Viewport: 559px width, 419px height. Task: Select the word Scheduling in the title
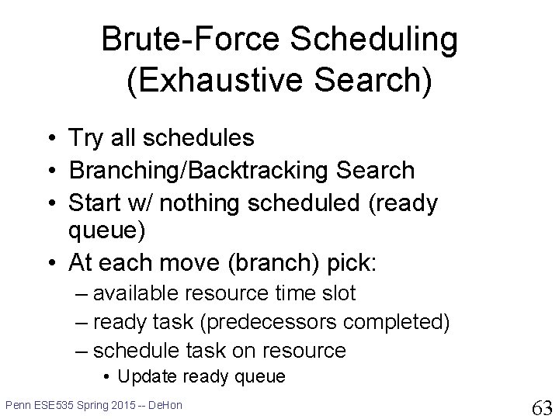tap(373, 40)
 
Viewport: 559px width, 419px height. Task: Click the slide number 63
tap(542, 407)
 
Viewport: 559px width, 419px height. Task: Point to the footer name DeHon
tap(165, 405)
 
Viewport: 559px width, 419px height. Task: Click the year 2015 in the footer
tap(123, 405)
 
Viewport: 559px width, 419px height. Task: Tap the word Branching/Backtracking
tap(198, 170)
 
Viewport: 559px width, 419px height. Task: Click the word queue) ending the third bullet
tap(106, 231)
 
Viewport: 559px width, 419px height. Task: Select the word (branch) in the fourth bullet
tap(273, 263)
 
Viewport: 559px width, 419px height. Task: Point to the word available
tap(135, 293)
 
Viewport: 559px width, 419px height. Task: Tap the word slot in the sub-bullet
tap(339, 293)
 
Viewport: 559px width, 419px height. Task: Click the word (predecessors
tap(269, 323)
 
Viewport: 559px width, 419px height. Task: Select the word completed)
tap(396, 323)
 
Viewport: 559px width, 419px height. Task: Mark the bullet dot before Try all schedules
tap(52, 138)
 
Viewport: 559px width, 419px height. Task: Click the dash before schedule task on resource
tap(82, 351)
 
